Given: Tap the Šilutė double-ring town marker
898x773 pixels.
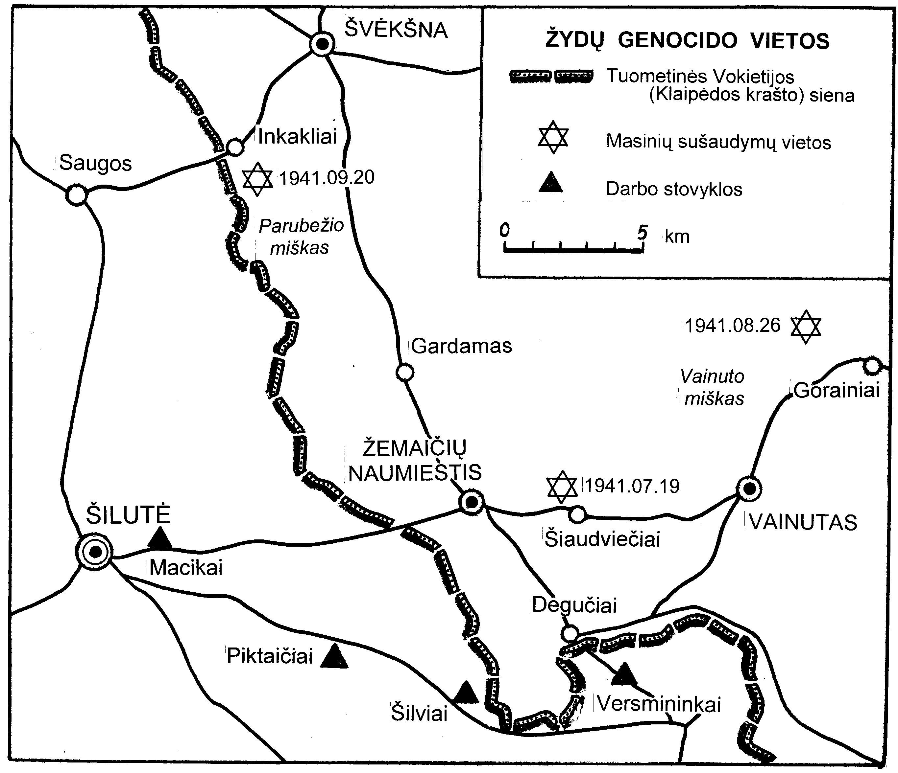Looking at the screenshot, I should click(x=94, y=551).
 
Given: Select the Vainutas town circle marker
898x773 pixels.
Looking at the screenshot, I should click(x=749, y=489).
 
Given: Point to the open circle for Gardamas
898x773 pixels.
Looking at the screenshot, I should click(x=405, y=372).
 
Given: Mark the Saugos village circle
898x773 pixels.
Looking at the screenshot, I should click(x=77, y=195).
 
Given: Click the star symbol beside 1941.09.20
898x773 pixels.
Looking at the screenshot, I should click(x=257, y=179).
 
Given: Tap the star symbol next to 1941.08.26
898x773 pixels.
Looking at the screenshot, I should click(x=806, y=327).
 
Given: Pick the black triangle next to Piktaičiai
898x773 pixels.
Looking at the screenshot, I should click(x=334, y=657).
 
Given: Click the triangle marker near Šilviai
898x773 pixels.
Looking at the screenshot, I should click(x=466, y=693).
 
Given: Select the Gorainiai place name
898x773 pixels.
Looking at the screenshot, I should click(x=837, y=390).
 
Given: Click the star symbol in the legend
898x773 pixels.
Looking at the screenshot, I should click(x=553, y=137).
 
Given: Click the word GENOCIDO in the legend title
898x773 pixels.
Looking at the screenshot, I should click(x=677, y=41).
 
